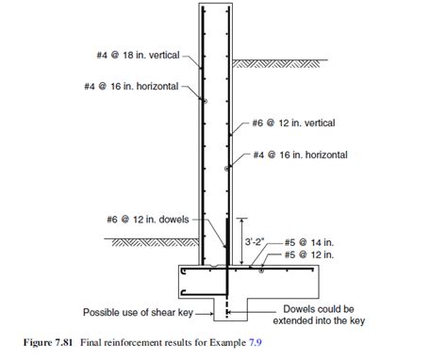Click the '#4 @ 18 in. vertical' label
click(143, 55)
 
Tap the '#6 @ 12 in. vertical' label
click(295, 123)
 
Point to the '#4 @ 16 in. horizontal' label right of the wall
click(301, 154)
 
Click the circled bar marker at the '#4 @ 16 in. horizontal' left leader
click(203, 99)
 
